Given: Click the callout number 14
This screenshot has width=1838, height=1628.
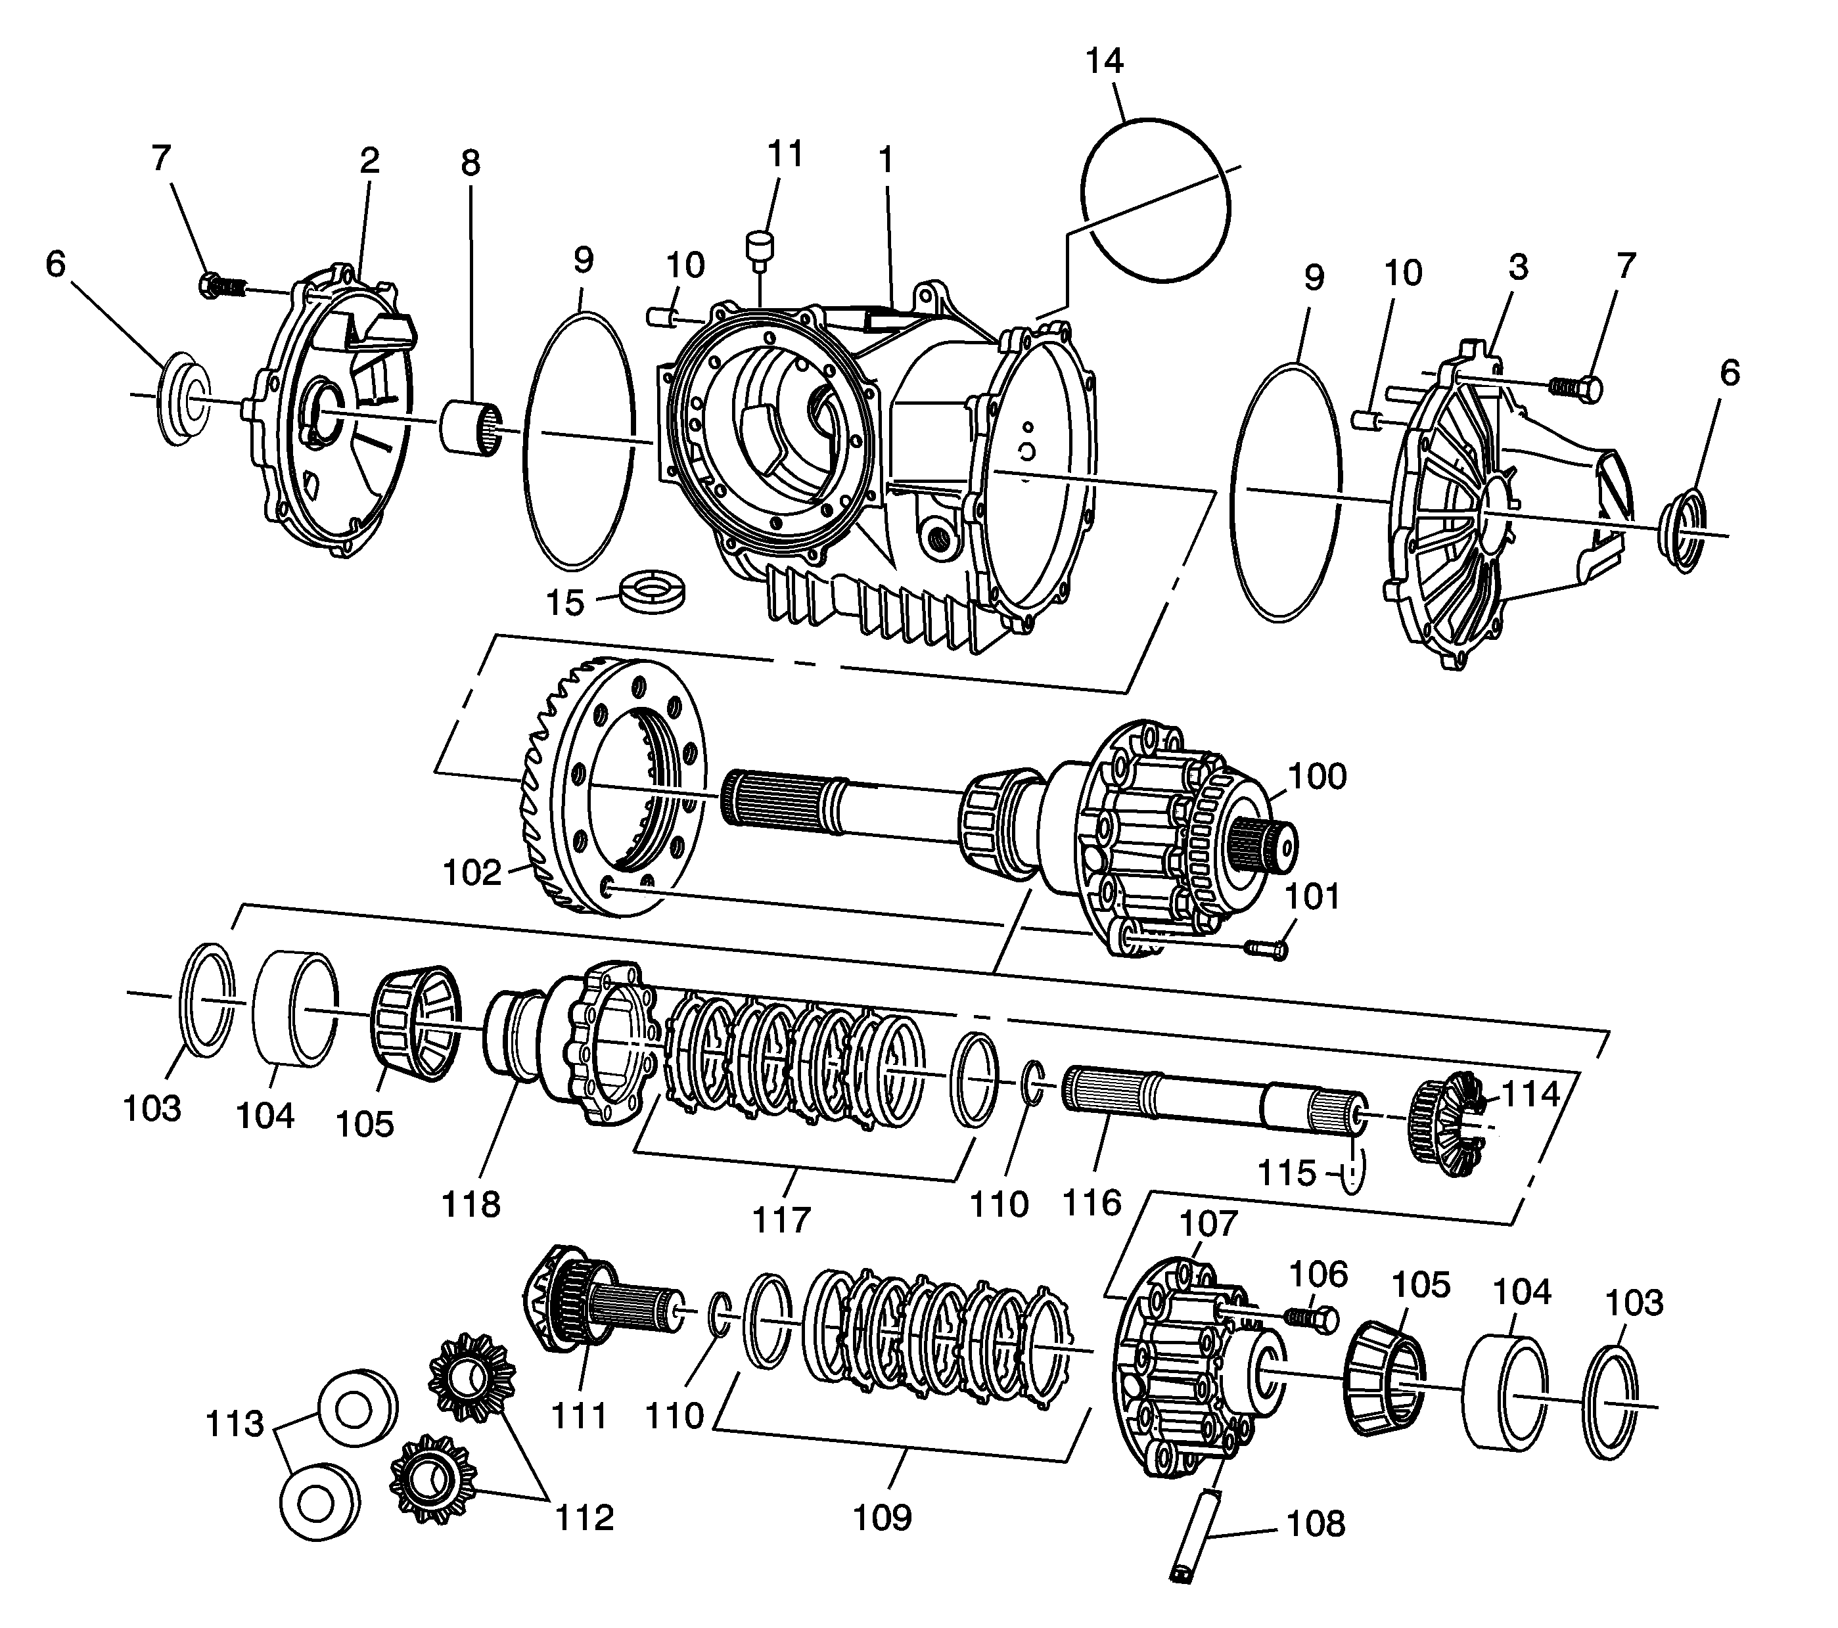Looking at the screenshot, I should click(x=1104, y=61).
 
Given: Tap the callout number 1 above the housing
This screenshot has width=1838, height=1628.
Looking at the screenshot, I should click(x=886, y=161).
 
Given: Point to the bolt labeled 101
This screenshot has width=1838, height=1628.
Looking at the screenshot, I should click(x=1265, y=947).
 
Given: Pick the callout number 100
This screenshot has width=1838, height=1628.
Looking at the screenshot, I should click(x=1318, y=776).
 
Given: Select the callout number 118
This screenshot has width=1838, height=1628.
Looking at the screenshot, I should click(x=471, y=1204).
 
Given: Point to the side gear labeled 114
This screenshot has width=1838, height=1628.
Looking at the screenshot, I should click(x=1442, y=1122).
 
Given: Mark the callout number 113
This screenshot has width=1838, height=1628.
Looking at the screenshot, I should click(x=235, y=1424).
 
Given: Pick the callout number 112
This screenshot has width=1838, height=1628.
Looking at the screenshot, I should click(x=584, y=1518).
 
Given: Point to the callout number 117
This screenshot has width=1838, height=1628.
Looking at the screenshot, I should click(x=781, y=1220).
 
